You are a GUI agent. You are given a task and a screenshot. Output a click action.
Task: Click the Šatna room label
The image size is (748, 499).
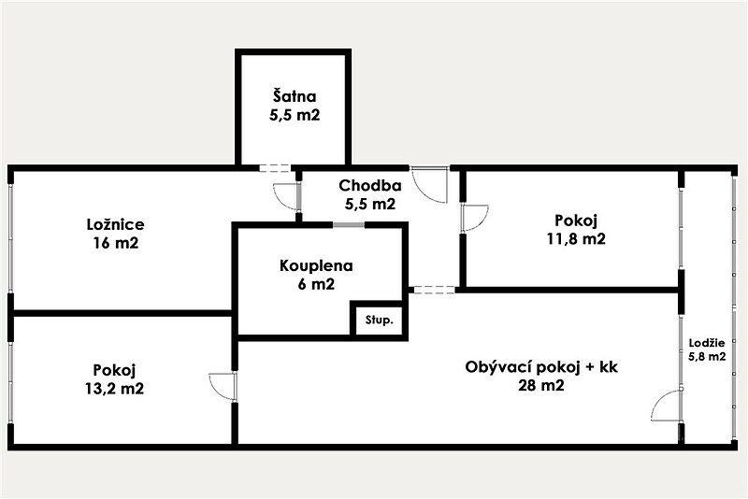(295, 96)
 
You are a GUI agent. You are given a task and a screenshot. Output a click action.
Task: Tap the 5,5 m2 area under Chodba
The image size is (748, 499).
(370, 204)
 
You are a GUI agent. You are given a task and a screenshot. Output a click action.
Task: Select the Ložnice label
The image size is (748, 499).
(115, 224)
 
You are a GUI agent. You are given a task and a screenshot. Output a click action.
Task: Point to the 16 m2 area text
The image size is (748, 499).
(115, 243)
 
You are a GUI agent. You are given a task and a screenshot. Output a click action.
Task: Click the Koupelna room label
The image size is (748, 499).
(316, 265)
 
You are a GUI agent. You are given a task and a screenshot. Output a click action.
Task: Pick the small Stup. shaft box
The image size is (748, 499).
(380, 320)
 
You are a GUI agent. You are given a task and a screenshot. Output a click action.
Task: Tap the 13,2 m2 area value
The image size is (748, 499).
(114, 389)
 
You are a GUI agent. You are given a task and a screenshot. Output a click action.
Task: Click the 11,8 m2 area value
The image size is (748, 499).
(576, 238)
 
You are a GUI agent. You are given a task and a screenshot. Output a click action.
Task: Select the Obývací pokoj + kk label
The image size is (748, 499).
(541, 367)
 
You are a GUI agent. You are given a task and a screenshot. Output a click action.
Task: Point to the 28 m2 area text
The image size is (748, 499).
(541, 385)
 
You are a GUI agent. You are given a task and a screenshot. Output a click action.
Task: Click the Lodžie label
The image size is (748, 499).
(707, 343)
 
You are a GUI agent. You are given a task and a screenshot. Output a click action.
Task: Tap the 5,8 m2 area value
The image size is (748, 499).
(708, 356)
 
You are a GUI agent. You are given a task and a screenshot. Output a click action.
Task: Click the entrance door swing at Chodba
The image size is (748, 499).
(430, 185)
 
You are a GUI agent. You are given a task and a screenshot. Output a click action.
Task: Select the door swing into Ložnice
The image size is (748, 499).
(286, 196)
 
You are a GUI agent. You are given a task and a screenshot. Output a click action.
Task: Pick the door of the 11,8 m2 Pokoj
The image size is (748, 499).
(475, 219)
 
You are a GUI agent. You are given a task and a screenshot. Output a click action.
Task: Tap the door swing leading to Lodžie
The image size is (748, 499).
(667, 406)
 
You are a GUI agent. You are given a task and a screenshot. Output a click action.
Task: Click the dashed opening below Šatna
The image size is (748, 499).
(274, 168)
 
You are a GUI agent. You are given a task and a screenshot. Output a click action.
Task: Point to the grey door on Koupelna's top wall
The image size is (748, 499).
(349, 225)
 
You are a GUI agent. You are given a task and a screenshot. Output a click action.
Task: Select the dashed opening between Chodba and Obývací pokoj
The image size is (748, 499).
(433, 289)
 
